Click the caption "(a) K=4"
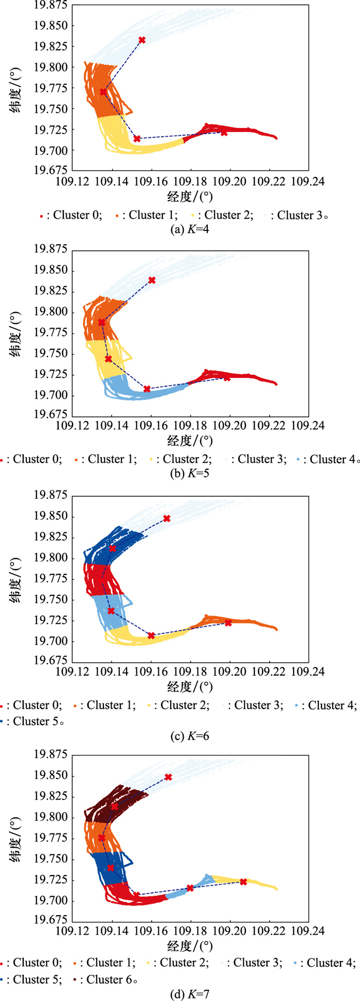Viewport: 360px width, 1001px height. [189, 229]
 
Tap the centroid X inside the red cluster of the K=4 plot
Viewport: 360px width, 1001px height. [224, 133]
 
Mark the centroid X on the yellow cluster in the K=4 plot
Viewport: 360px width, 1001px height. [137, 139]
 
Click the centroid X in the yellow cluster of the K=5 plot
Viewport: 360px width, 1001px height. [109, 359]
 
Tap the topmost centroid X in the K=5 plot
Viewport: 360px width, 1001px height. [152, 280]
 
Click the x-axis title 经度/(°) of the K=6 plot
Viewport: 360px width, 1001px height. [190, 686]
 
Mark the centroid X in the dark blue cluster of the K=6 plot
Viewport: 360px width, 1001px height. [113, 549]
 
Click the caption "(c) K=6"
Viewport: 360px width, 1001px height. [189, 736]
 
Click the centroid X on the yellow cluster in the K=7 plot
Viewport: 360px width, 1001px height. [243, 882]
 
